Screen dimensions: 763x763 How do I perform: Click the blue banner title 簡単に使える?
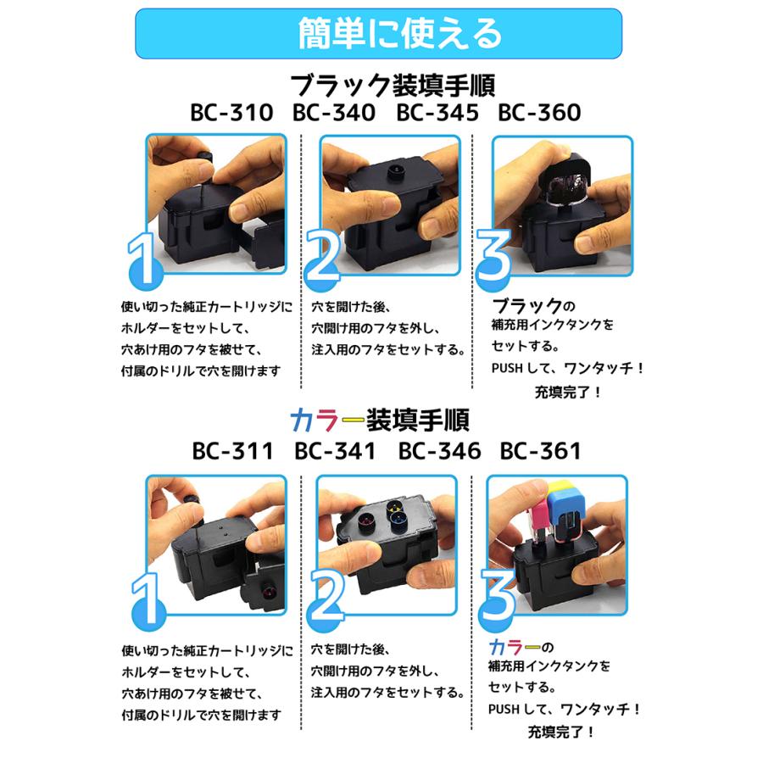pyautogui.click(x=399, y=34)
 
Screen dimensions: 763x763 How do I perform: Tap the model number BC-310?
pyautogui.click(x=231, y=113)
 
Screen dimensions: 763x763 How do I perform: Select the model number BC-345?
pyautogui.click(x=437, y=113)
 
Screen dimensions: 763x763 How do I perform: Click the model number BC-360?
pyautogui.click(x=539, y=113)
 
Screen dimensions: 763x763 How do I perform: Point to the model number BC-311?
pyautogui.click(x=232, y=451)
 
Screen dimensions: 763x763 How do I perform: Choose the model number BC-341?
pyautogui.click(x=335, y=451)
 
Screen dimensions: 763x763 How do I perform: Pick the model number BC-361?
pyautogui.click(x=540, y=451)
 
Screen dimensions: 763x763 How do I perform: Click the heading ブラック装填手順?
pyautogui.click(x=393, y=86)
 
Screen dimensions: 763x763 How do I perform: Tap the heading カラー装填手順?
pyautogui.click(x=380, y=420)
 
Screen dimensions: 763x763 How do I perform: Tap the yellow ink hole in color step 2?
pyautogui.click(x=393, y=508)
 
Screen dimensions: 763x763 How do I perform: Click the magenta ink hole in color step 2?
pyautogui.click(x=366, y=522)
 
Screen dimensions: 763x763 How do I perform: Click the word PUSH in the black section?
pyautogui.click(x=507, y=369)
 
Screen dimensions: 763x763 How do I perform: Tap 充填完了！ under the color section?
pyautogui.click(x=560, y=732)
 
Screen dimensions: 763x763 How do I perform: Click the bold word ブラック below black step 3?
pyautogui.click(x=527, y=306)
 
